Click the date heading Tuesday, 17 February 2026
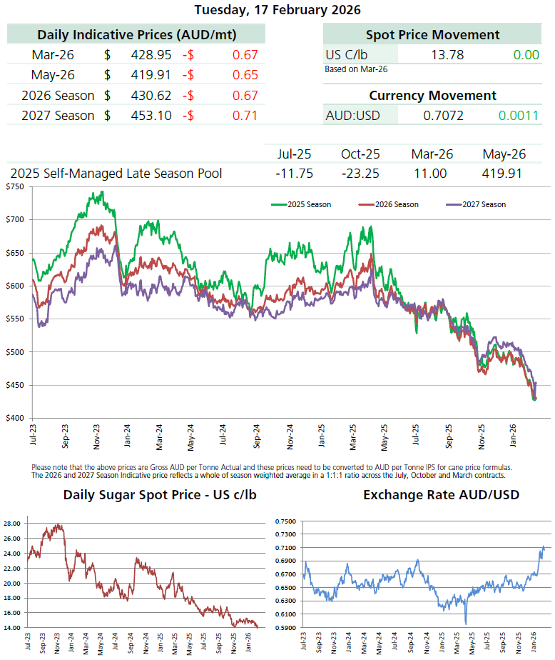pos(277,10)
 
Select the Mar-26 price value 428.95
pos(151,54)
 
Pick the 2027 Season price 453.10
pos(151,115)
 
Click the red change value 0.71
pos(245,115)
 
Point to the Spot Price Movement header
pos(432,34)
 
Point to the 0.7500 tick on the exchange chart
pos(287,522)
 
